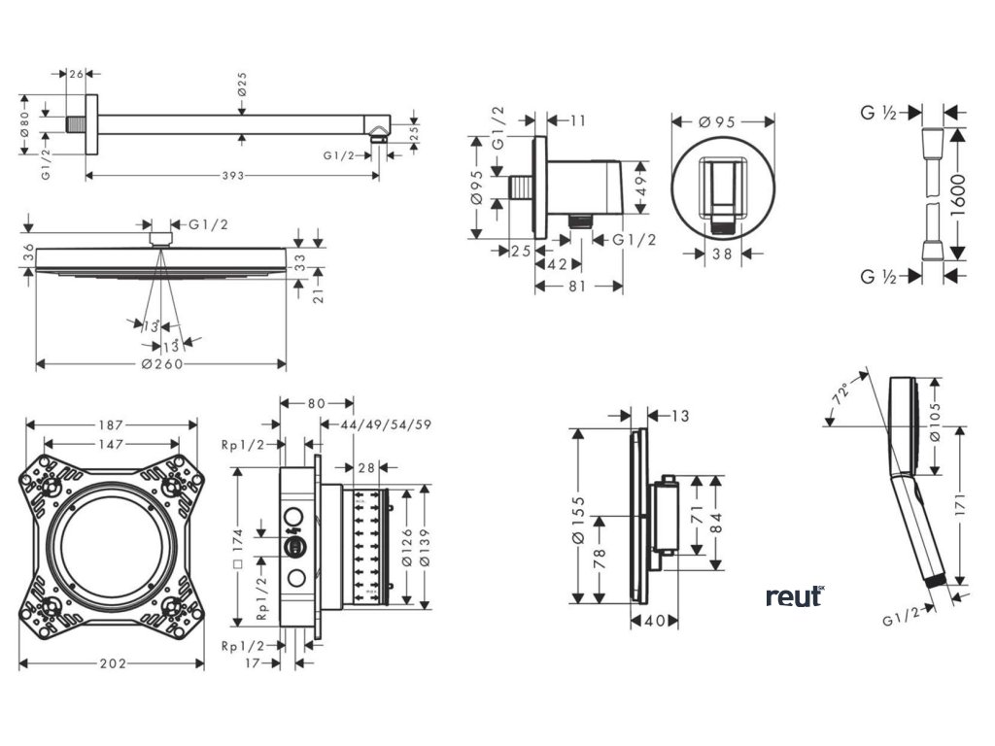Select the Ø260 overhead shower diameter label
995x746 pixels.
coord(162,364)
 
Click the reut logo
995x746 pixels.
coord(794,595)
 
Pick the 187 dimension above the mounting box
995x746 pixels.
coord(111,424)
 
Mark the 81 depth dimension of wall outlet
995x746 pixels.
coord(577,286)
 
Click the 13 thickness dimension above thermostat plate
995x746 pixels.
coord(679,416)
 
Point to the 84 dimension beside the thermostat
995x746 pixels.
coord(717,522)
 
